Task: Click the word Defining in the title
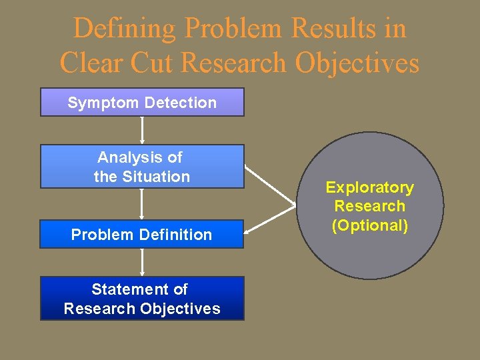125,29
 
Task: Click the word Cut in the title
154,63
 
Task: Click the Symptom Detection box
142,102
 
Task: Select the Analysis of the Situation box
142,167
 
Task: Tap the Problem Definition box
142,234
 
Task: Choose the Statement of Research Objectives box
142,298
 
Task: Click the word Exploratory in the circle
369,188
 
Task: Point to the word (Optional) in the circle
369,225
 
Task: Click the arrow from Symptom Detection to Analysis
142,130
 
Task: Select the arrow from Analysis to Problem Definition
142,204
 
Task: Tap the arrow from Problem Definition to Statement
142,262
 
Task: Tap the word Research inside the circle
369,207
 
